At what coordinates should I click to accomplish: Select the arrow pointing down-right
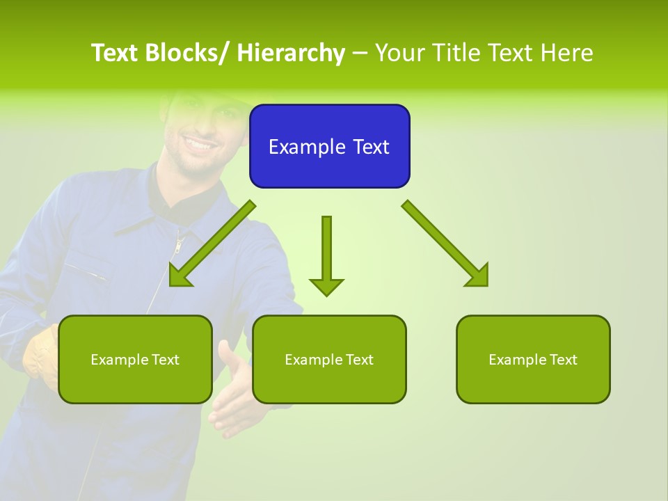(445, 244)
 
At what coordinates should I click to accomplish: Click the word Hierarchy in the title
(291, 53)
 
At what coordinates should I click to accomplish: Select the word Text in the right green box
(563, 360)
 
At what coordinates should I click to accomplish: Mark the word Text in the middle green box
(359, 360)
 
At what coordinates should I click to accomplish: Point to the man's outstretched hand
(230, 390)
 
